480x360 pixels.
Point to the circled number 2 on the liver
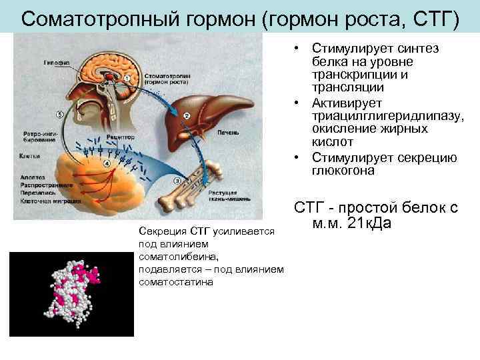coord(187,115)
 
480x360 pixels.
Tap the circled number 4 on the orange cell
coord(107,163)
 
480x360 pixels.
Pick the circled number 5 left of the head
coord(60,114)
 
